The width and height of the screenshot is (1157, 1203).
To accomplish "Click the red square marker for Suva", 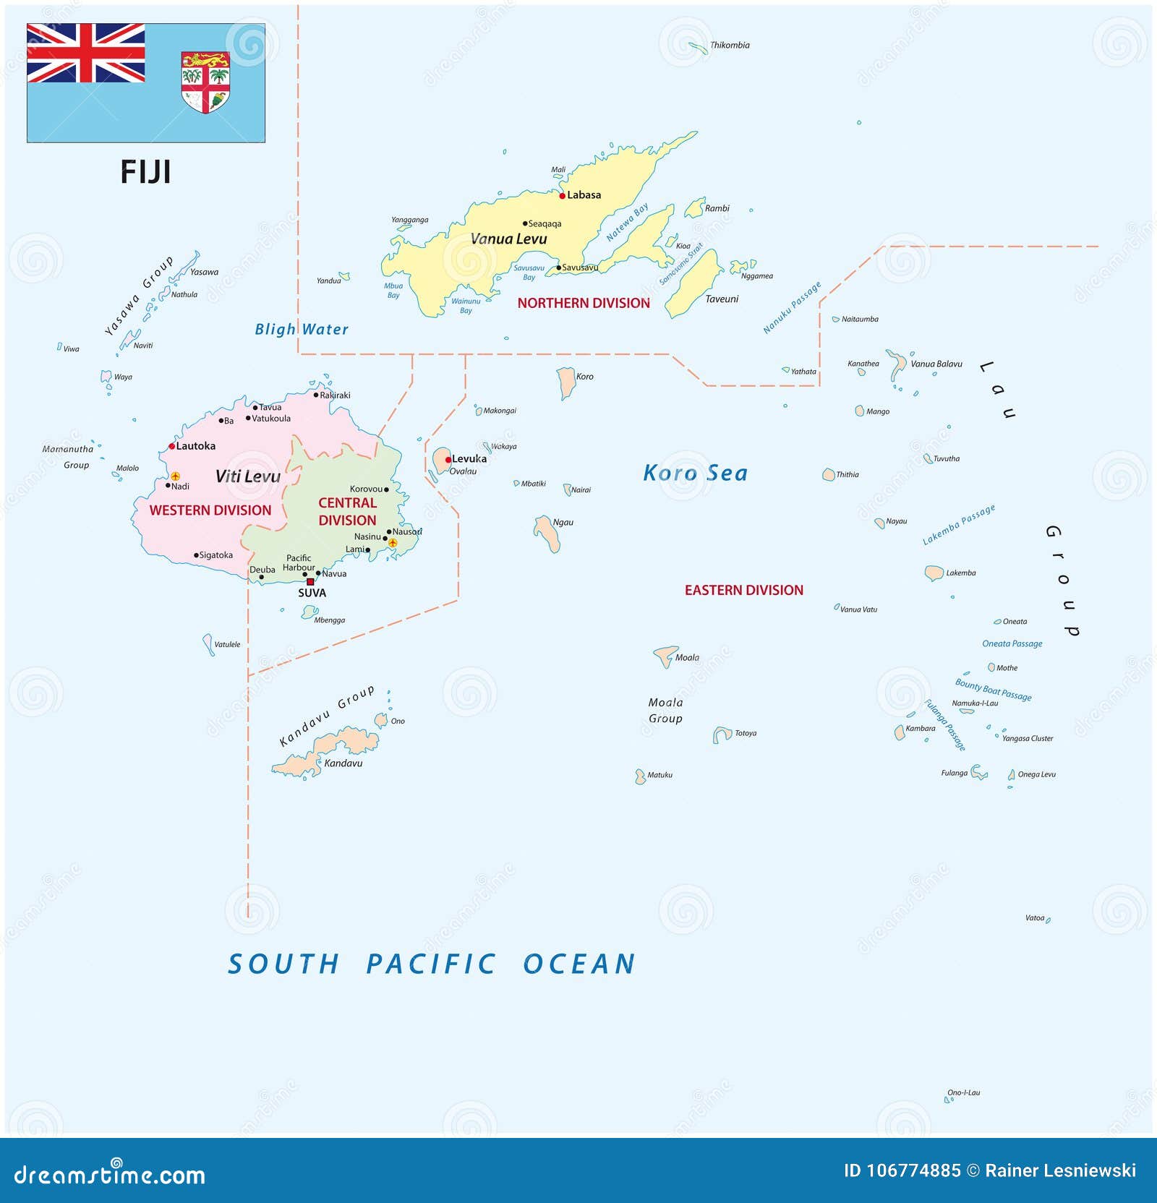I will (x=310, y=581).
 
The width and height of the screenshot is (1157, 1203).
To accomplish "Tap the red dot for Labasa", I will (x=562, y=195).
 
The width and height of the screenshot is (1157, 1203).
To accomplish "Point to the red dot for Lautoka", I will (x=171, y=446).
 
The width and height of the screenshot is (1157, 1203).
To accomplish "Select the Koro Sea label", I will (x=695, y=473).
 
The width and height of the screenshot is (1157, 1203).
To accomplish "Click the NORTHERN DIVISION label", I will (x=584, y=303).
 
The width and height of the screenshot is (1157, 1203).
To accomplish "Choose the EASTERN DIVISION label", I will (x=743, y=590).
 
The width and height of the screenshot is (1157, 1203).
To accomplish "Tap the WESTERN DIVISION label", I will (x=210, y=510).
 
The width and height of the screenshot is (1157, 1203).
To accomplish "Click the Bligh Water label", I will (x=301, y=330).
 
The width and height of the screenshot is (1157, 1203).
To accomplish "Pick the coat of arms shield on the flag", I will (x=205, y=82).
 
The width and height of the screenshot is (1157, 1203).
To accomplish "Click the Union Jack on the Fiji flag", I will (x=85, y=53).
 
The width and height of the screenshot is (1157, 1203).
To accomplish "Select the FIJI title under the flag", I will (x=145, y=172).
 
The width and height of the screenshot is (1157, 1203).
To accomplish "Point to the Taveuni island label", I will (x=722, y=299).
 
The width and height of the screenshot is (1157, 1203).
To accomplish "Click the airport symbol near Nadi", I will (x=175, y=476).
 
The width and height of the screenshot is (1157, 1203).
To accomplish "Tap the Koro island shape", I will (x=565, y=382).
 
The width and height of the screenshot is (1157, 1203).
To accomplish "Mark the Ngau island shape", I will (x=547, y=534).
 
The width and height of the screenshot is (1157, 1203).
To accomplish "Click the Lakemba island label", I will (x=960, y=573).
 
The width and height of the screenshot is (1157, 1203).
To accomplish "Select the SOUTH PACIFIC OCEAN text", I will (x=431, y=964).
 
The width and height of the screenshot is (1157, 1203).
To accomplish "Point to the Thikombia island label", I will (x=729, y=45).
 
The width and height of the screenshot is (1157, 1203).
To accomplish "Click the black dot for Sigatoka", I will (x=196, y=555).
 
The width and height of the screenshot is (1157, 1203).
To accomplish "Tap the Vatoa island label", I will (x=1034, y=917).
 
